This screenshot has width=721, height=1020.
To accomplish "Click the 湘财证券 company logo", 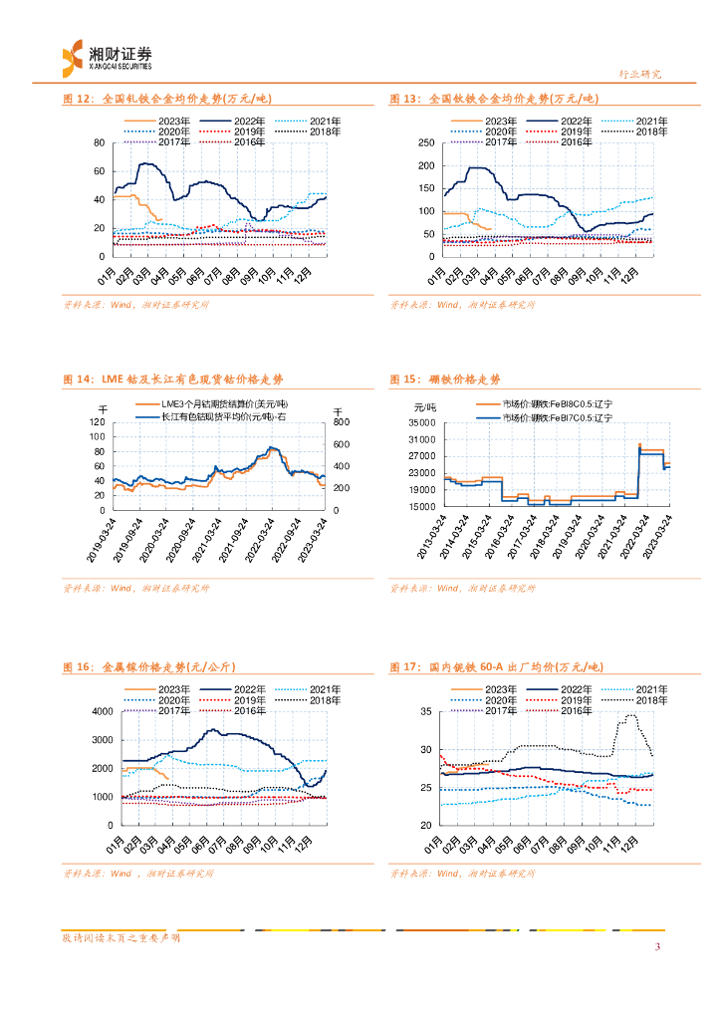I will pos(107,57).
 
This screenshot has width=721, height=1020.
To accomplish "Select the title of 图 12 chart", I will pos(167,99).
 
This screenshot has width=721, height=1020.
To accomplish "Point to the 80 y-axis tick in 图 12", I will pos(98,142).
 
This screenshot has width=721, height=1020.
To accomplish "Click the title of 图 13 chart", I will pos(493,99).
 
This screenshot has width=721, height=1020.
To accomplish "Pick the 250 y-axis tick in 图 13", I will pos(423,142).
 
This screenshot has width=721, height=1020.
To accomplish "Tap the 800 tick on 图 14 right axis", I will pos(339,422).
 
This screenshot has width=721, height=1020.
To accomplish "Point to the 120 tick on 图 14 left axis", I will pos(96,422).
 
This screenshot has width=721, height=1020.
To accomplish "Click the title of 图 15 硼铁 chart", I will pos(444,380).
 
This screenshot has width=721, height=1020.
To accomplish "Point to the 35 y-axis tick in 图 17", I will pos(425,711).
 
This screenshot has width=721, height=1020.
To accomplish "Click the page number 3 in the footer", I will pos(656,946).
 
